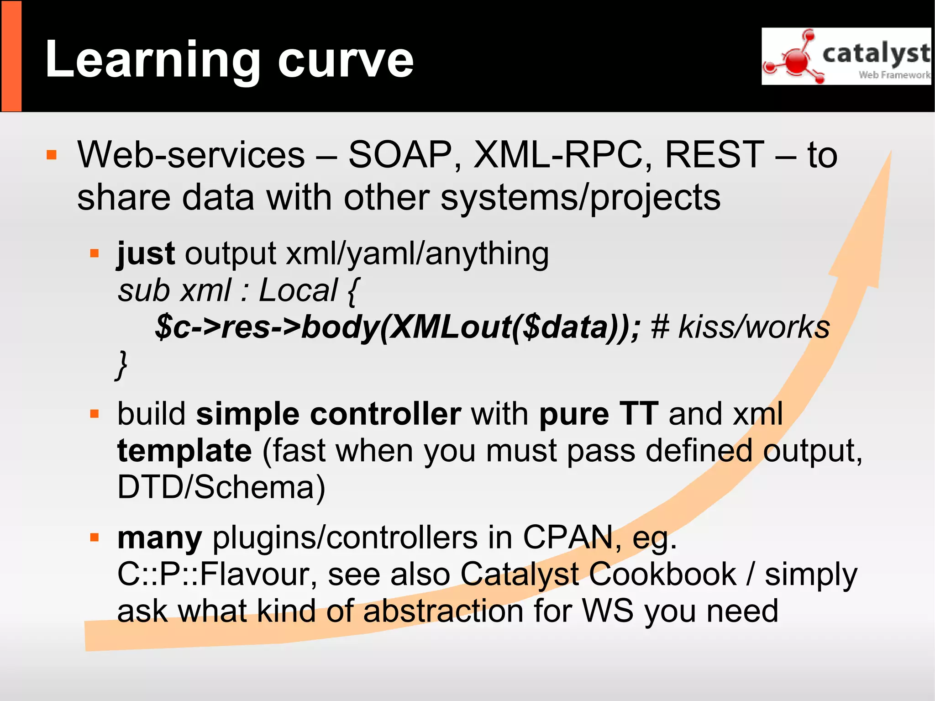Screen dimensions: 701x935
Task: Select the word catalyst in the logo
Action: pyautogui.click(x=876, y=53)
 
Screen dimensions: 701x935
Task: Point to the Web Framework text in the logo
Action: pyautogui.click(x=894, y=75)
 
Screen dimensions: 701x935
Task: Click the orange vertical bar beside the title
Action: pyautogui.click(x=11, y=56)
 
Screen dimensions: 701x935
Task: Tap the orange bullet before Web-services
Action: pyautogui.click(x=52, y=155)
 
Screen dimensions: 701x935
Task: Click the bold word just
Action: pyautogui.click(x=146, y=253)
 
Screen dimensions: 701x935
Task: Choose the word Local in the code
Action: pyautogui.click(x=298, y=290)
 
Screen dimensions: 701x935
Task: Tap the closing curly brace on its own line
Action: pyautogui.click(x=121, y=364)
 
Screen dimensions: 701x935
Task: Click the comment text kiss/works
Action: pyautogui.click(x=754, y=327)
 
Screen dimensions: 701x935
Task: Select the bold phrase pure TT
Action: pyautogui.click(x=599, y=414)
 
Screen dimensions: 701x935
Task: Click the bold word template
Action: pyautogui.click(x=184, y=451)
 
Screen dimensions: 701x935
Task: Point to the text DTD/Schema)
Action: pyautogui.click(x=221, y=487)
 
